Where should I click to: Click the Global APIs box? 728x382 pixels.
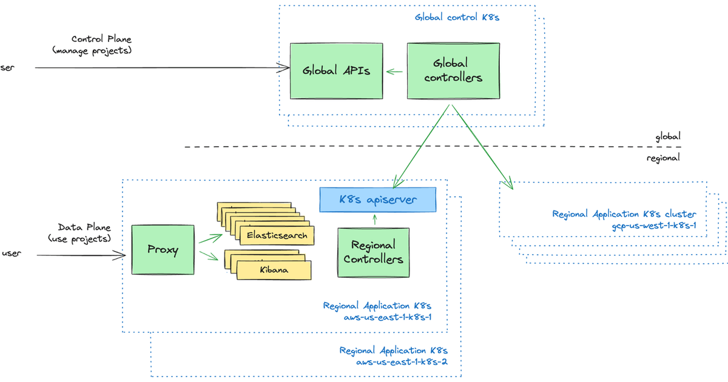click(x=336, y=71)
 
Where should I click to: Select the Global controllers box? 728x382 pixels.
click(x=453, y=71)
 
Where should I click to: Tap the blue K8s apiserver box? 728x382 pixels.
click(x=377, y=199)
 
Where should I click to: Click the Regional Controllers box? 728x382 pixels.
click(x=373, y=252)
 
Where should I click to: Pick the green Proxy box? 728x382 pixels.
click(x=163, y=250)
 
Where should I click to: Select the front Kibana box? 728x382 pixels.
click(x=274, y=270)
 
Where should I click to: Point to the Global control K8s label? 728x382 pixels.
click(x=457, y=17)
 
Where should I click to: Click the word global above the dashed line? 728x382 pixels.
click(x=667, y=137)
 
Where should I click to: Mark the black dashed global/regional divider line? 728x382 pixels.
click(x=425, y=147)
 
